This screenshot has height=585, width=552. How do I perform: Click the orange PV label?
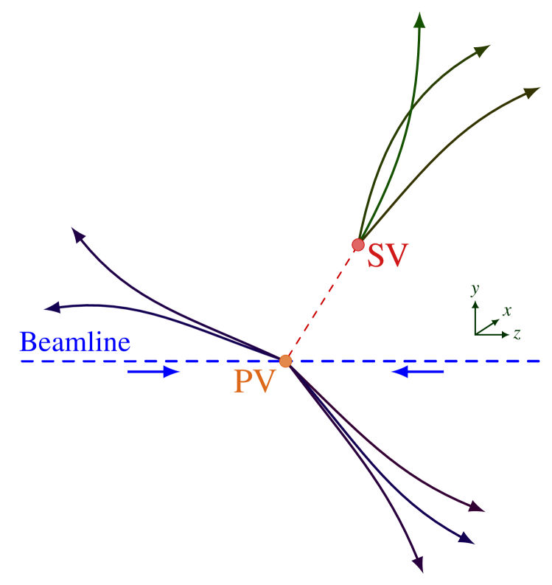[x=254, y=381]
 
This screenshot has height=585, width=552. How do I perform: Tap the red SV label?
[x=388, y=255]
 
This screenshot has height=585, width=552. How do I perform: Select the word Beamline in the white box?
[x=74, y=342]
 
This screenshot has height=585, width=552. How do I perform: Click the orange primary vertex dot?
[x=285, y=361]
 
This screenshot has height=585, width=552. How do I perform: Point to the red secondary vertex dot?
[x=358, y=244]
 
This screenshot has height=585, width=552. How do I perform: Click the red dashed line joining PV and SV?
[x=322, y=302]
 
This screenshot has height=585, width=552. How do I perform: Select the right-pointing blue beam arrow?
[x=155, y=372]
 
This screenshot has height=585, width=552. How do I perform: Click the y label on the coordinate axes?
[x=475, y=288]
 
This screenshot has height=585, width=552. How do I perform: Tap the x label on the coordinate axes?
[x=507, y=311]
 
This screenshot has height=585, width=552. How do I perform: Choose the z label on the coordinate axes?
[x=517, y=334]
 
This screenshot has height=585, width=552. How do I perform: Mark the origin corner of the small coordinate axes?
[x=475, y=334]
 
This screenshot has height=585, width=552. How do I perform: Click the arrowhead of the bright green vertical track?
[x=419, y=20]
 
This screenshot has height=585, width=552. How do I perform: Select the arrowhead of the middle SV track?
[x=482, y=50]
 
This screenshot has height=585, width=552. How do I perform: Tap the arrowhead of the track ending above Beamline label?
[x=51, y=308]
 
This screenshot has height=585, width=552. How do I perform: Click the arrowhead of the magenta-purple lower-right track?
[x=478, y=508]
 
